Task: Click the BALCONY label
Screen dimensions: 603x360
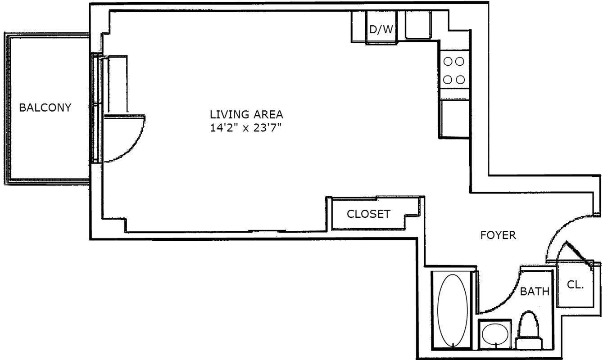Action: click(45, 108)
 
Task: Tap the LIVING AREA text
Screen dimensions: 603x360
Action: click(246, 115)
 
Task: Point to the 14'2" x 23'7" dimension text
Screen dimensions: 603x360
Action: click(245, 128)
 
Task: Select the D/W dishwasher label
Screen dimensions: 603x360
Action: click(381, 29)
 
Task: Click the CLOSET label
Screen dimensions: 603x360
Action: click(368, 214)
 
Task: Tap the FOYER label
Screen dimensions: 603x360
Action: click(498, 235)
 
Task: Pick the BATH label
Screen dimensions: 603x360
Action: click(535, 292)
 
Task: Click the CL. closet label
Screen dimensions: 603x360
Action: click(575, 285)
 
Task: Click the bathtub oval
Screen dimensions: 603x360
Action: click(453, 310)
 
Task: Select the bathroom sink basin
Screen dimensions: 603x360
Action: click(495, 334)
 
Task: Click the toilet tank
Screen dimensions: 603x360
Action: click(529, 344)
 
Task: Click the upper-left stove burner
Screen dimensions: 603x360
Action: click(447, 62)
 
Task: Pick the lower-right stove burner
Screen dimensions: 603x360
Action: click(460, 80)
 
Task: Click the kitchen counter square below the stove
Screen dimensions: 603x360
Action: click(455, 119)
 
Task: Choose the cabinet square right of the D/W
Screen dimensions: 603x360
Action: click(418, 25)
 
